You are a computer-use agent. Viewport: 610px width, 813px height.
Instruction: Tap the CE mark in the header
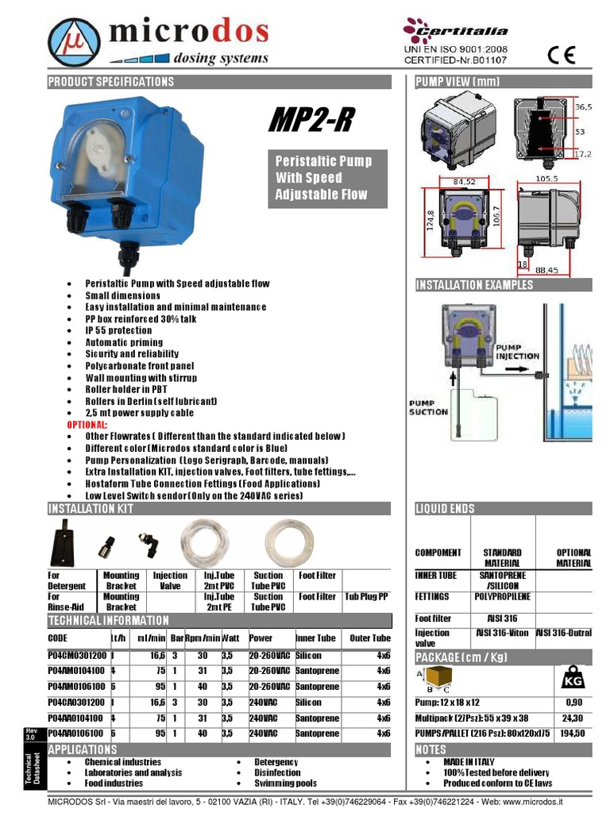[561, 53]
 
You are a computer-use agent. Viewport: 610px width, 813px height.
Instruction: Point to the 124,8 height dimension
[430, 217]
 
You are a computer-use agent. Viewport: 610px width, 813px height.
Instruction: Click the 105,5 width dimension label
[548, 179]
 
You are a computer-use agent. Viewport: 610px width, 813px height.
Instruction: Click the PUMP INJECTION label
[518, 352]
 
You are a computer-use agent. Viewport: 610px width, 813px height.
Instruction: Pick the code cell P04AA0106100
[77, 734]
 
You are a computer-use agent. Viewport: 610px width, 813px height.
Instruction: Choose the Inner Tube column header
[315, 638]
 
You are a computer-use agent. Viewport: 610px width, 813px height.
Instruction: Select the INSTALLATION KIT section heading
[91, 509]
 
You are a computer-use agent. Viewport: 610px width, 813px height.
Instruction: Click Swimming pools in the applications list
[285, 784]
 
